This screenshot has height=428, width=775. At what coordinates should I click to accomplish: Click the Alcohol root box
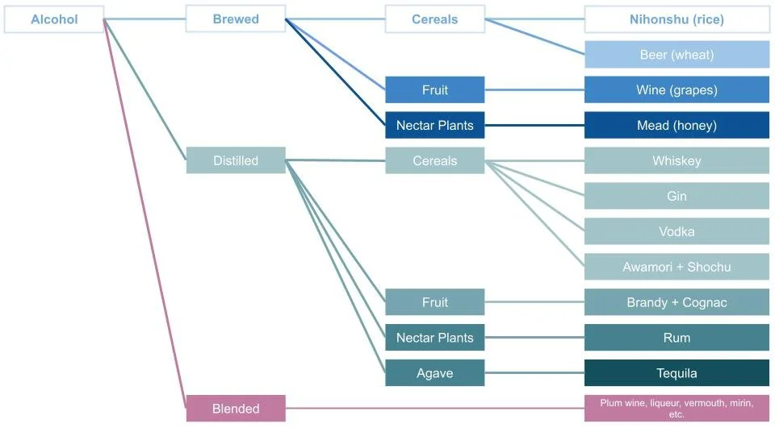[54, 19]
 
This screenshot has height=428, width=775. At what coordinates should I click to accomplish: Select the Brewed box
[236, 19]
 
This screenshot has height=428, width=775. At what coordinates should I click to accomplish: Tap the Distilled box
[236, 160]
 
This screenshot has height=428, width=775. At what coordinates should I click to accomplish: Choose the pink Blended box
[236, 409]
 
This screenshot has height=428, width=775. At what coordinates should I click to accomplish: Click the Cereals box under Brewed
[434, 19]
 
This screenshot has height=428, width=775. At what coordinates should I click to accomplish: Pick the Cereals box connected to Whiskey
[434, 160]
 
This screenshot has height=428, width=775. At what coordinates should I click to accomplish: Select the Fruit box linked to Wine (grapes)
[434, 89]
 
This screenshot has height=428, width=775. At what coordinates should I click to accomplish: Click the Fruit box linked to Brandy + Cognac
[434, 302]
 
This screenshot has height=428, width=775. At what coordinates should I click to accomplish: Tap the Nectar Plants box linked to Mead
[434, 125]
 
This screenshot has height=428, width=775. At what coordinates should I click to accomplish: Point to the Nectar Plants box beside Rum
[434, 338]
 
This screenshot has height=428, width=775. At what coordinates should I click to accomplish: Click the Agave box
[434, 373]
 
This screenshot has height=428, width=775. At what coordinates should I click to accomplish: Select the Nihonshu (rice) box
[677, 19]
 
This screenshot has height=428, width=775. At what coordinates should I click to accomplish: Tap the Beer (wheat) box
[677, 55]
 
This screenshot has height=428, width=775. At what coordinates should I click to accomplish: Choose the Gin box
[677, 196]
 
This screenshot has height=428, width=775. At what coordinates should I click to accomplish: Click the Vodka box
[677, 231]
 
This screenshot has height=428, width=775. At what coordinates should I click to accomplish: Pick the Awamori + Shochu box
[677, 267]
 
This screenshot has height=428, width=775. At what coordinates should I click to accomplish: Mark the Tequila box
[677, 373]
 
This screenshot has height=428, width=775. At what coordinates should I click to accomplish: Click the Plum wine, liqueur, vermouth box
[677, 408]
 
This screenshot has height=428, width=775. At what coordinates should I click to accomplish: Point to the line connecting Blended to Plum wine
[436, 409]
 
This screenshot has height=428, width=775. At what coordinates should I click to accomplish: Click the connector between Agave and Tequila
[534, 373]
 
